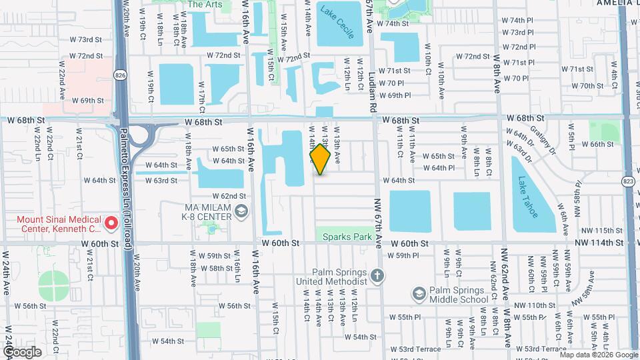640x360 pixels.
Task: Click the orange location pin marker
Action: pos(320,159)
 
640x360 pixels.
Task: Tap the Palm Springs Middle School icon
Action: pos(418,293)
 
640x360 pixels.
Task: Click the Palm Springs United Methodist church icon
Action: pos(377,276)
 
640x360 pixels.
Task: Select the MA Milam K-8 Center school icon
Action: pos(241,211)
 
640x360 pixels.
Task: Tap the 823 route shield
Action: pos(630,182)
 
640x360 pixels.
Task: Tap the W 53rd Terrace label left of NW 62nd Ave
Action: pos(415,349)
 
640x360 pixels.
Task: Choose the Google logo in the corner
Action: pos(23,351)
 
